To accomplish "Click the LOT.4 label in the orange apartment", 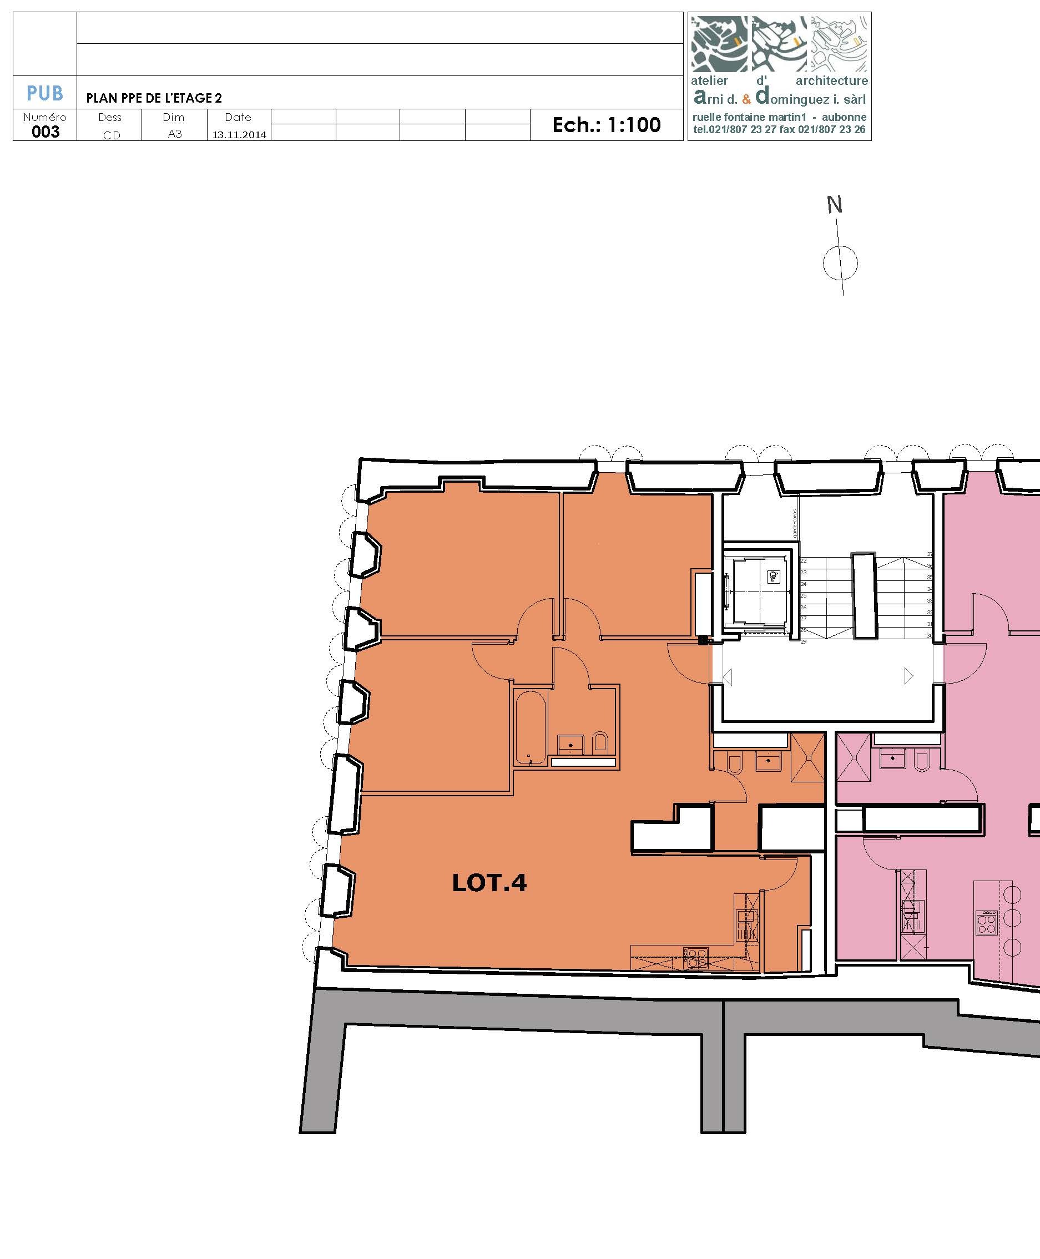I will [x=489, y=883].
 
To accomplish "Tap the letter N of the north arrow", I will [x=835, y=205].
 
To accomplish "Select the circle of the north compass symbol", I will [x=840, y=263].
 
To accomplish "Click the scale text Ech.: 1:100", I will [x=606, y=125].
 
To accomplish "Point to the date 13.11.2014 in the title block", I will [x=239, y=135].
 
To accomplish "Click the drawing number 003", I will [x=46, y=132].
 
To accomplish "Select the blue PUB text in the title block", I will [x=45, y=93].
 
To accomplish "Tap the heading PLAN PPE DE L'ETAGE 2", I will [x=154, y=98].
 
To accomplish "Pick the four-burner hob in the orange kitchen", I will [x=696, y=958].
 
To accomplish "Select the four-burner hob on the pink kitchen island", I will [x=987, y=922].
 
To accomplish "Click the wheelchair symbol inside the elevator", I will [x=774, y=577].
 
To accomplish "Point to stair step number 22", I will [x=804, y=560].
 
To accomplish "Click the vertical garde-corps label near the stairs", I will [x=795, y=523].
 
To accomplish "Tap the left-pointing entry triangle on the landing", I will [x=728, y=677].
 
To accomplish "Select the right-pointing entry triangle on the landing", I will [x=908, y=676].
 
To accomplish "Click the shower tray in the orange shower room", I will [x=808, y=759].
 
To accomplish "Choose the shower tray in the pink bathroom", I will [x=854, y=759].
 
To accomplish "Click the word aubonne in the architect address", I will [x=844, y=118].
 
